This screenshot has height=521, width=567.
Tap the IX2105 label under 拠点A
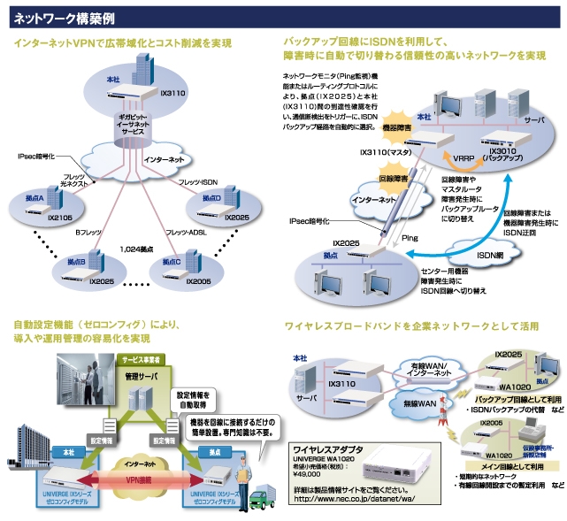(x=59, y=217)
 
